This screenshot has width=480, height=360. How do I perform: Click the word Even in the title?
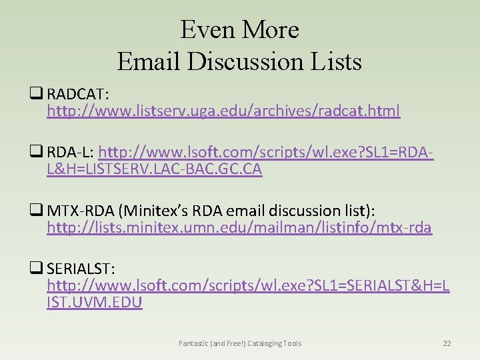203,29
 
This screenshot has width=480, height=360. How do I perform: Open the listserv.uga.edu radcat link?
223,111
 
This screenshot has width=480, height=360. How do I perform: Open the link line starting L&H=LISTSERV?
154,169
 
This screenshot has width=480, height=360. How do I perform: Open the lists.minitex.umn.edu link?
239,228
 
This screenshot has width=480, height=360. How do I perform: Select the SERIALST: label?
81,269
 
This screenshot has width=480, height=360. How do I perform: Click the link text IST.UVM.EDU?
95,303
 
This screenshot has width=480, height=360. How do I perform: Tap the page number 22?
447,343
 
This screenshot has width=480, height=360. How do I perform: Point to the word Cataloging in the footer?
264,343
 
